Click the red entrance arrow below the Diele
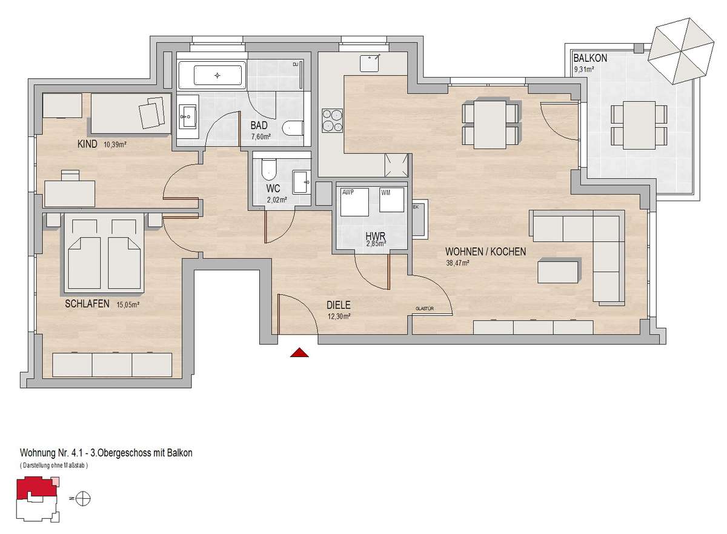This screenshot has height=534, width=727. tap(299, 353)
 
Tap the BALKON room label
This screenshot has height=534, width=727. tap(590, 58)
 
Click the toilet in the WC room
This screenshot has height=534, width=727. tap(268, 170)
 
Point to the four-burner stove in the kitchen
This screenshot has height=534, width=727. tap(333, 121)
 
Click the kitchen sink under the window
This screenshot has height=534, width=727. tap(370, 63)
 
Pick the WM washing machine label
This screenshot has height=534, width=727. tap(385, 193)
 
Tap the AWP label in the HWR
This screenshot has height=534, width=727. tap(348, 192)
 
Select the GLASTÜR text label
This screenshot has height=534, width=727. tap(425, 309)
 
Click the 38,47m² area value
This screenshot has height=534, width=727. tap(457, 262)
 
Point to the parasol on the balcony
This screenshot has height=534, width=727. tap(680, 51)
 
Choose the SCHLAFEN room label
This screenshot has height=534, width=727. tap(87, 304)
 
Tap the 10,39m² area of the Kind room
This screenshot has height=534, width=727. tap(115, 145)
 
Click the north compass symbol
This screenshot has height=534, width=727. tap(83, 498)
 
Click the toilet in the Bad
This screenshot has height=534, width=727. tap(293, 128)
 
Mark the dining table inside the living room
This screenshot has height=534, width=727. tap(490, 124)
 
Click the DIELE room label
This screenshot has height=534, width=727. tap(339, 305)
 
